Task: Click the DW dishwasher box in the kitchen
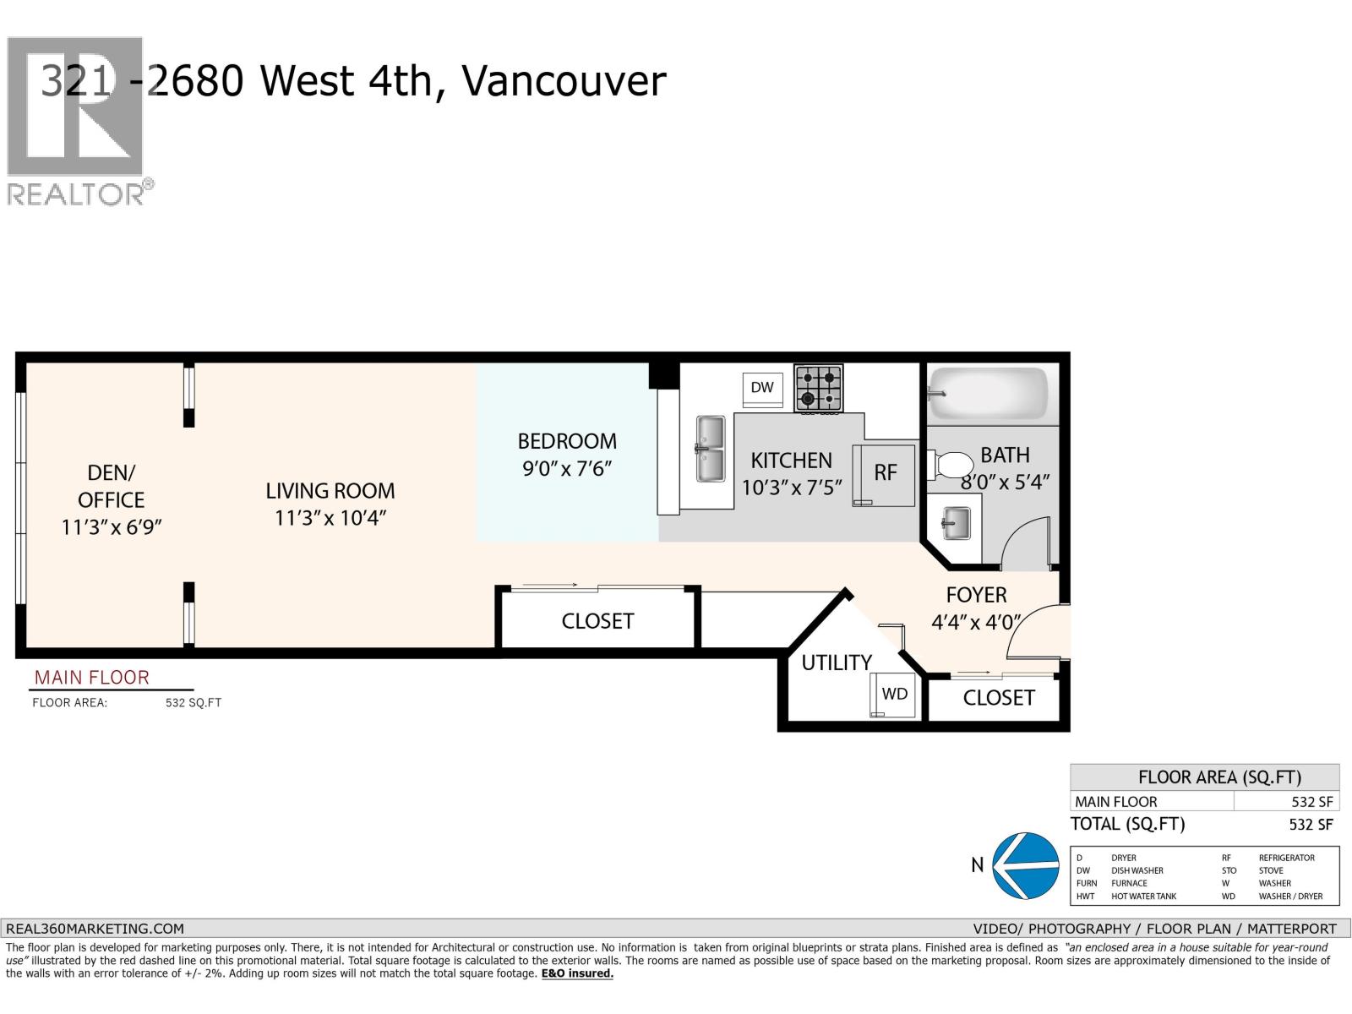pyautogui.click(x=762, y=388)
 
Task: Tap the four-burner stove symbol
pyautogui.click(x=818, y=388)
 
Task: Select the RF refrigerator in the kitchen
pyautogui.click(x=885, y=474)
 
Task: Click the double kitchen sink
pyautogui.click(x=710, y=449)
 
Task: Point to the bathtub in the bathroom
pyautogui.click(x=989, y=393)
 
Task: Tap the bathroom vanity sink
pyautogui.click(x=956, y=523)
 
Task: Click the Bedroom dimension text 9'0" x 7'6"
pyautogui.click(x=566, y=468)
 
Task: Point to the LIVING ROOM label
pyautogui.click(x=330, y=491)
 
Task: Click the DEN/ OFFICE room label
pyautogui.click(x=111, y=486)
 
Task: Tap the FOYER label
pyautogui.click(x=976, y=595)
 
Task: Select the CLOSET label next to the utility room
pyautogui.click(x=998, y=698)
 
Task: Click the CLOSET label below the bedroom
pyautogui.click(x=597, y=621)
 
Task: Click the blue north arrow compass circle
pyautogui.click(x=1025, y=865)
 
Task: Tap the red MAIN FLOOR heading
pyautogui.click(x=91, y=678)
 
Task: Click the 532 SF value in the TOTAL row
pyautogui.click(x=1311, y=825)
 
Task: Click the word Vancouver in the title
pyautogui.click(x=564, y=82)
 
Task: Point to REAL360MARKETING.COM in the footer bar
pyautogui.click(x=95, y=928)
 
